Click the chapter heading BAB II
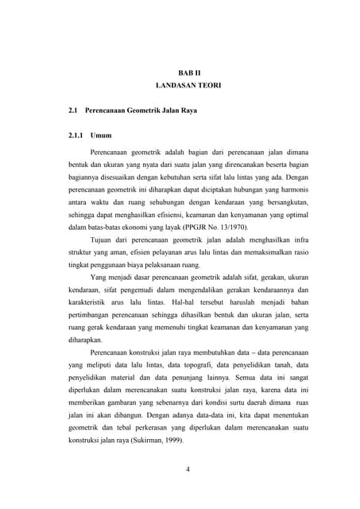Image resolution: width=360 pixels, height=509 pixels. point(189,72)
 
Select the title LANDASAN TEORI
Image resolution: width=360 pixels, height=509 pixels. point(189,84)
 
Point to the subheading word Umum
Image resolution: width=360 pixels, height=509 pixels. point(101,135)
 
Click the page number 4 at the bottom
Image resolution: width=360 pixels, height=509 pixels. point(188,468)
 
